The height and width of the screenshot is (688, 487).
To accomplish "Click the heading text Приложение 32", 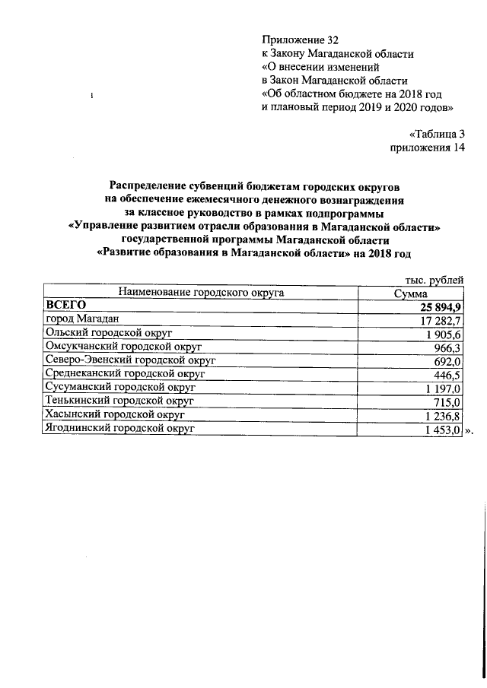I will click(299, 39).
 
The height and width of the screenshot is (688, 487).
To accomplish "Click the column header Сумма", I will click(411, 293).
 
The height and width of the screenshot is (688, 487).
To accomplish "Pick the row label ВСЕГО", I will click(66, 305).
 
